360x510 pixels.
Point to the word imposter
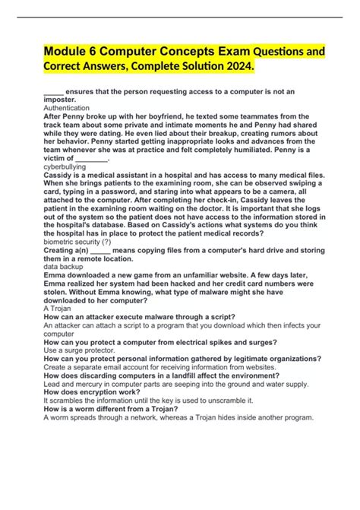pyautogui.click(x=60, y=100)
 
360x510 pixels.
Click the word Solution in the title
pyautogui.click(x=194, y=69)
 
